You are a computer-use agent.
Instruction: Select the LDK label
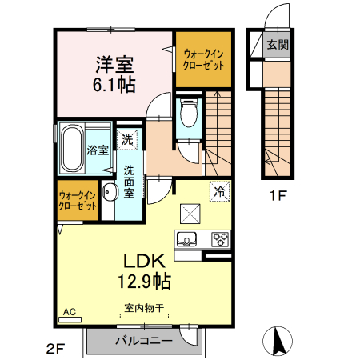(x=143, y=261)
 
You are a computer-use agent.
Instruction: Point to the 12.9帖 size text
(x=143, y=281)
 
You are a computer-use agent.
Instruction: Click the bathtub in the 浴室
(x=73, y=148)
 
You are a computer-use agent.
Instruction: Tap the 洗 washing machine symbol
(x=128, y=140)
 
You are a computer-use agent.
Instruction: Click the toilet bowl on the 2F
(x=189, y=114)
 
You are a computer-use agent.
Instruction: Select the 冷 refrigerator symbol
(x=218, y=191)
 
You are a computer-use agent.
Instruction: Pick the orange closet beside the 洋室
(x=202, y=61)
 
